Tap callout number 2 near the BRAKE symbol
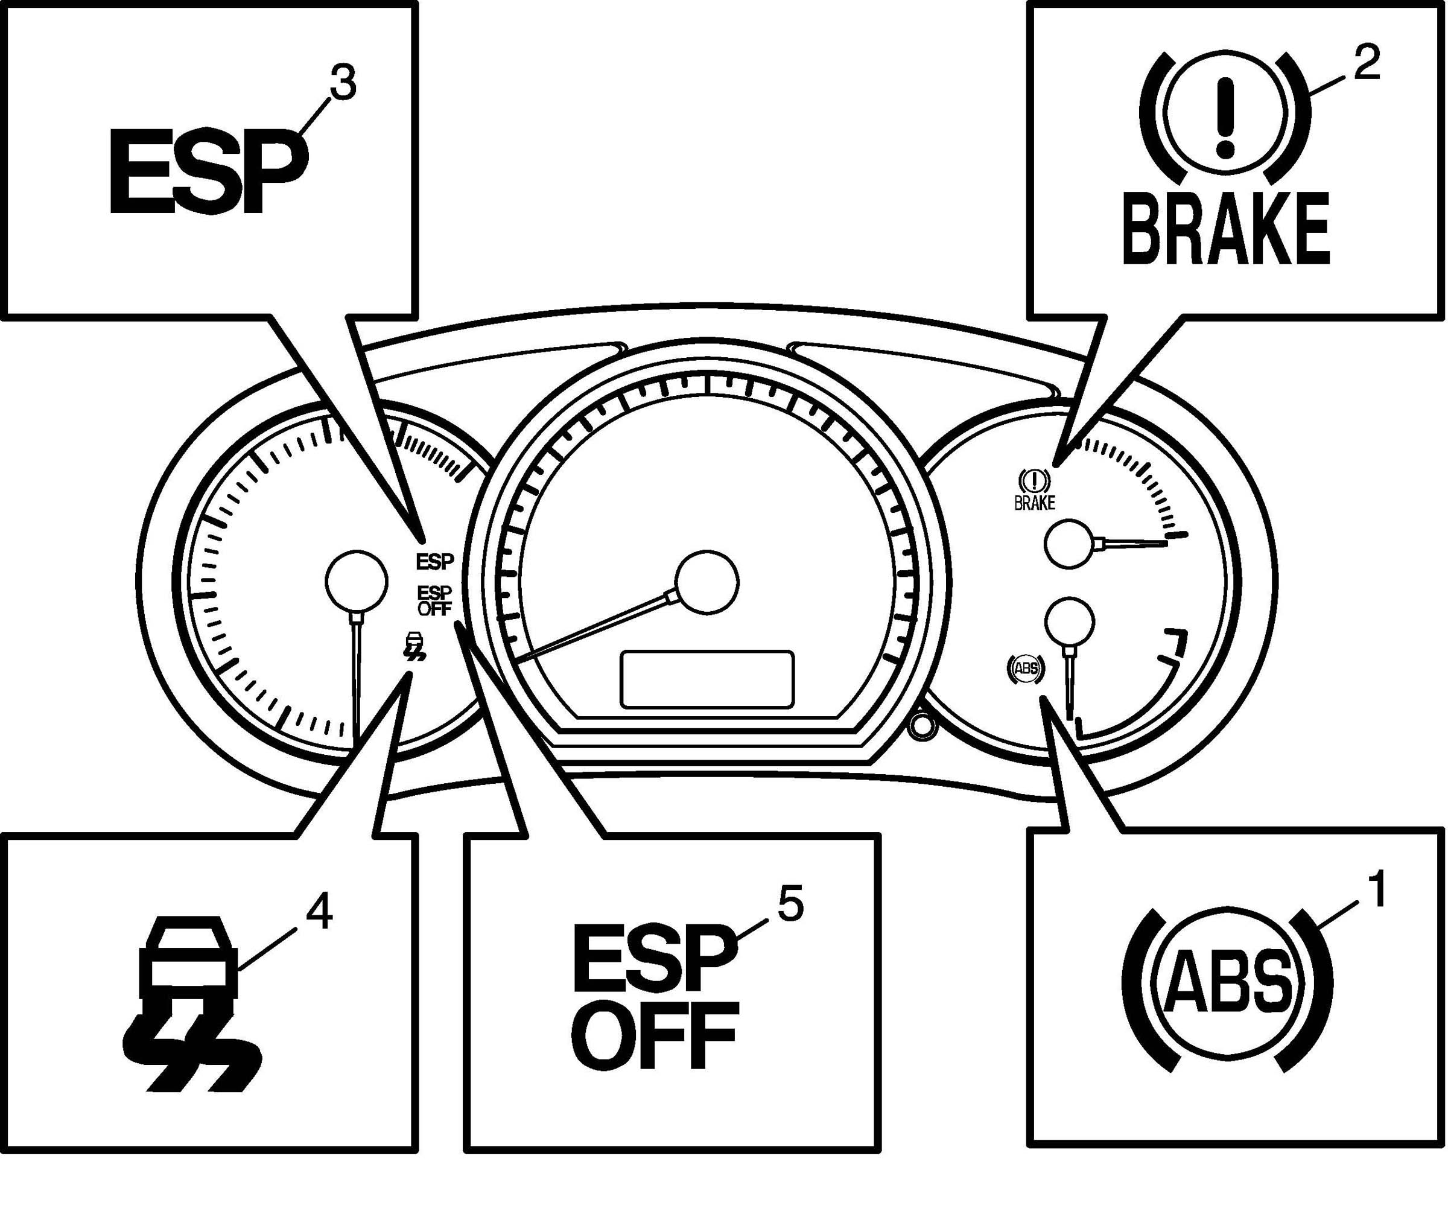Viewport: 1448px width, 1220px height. pyautogui.click(x=1367, y=65)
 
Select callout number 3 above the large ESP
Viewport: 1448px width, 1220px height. pyautogui.click(x=342, y=83)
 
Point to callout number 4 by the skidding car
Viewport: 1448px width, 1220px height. pyautogui.click(x=319, y=912)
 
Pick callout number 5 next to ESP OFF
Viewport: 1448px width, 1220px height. pyautogui.click(x=790, y=903)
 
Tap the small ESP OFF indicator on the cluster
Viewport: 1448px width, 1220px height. pyautogui.click(x=434, y=600)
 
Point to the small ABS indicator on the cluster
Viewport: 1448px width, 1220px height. pyautogui.click(x=1026, y=668)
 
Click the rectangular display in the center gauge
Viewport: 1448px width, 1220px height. pyautogui.click(x=707, y=679)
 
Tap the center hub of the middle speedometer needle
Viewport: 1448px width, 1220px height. pyautogui.click(x=707, y=582)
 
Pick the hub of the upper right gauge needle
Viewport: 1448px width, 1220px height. pyautogui.click(x=1069, y=544)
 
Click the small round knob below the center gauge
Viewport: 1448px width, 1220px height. pyautogui.click(x=922, y=725)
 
